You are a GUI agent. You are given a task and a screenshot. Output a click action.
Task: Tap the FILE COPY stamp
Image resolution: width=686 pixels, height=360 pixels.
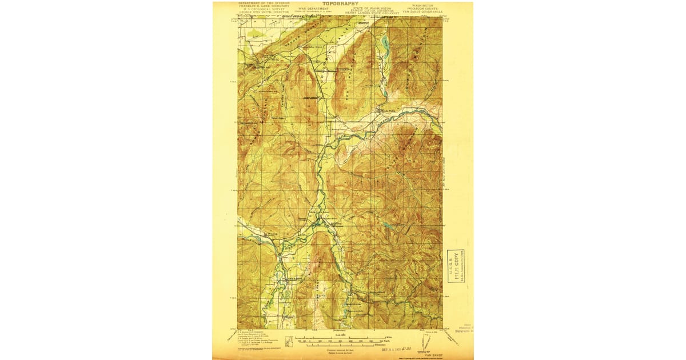(x=455, y=266)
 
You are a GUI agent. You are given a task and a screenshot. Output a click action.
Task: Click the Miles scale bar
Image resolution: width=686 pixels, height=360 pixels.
(x=342, y=337)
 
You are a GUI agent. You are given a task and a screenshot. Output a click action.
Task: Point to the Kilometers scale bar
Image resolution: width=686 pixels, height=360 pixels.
(x=341, y=345)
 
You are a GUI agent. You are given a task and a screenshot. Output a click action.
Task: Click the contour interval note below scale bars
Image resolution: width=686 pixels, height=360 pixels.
(x=341, y=349)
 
